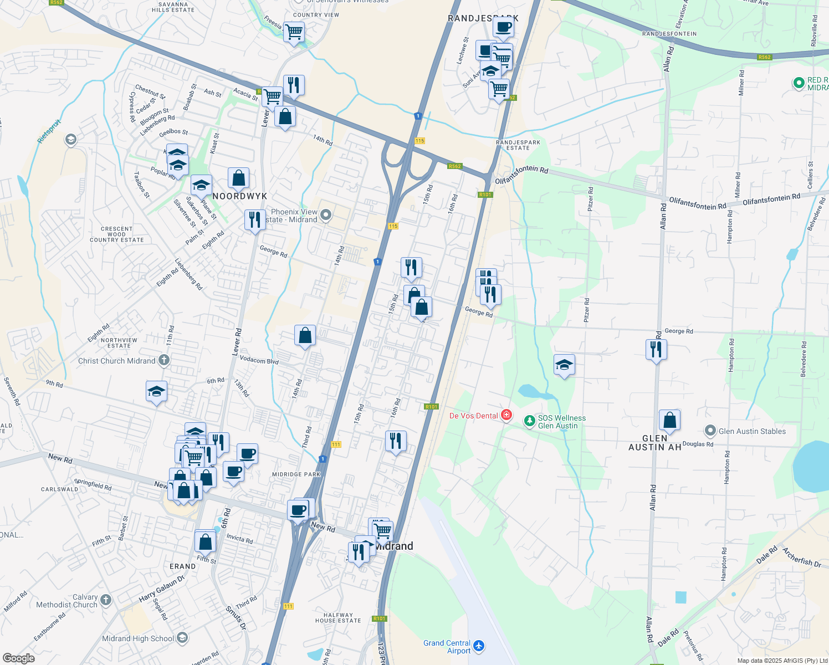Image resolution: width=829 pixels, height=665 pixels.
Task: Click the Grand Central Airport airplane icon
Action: [479, 646]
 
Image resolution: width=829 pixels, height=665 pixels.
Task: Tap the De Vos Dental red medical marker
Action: [506, 415]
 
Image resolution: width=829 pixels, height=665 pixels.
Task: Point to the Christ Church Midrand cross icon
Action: [163, 360]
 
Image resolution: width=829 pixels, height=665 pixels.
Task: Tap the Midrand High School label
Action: [138, 638]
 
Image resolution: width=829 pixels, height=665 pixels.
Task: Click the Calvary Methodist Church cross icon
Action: [106, 600]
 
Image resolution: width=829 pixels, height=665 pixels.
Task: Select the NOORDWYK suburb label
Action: [240, 196]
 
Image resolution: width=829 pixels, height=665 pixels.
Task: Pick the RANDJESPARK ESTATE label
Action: [518, 145]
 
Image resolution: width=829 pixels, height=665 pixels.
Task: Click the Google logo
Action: [18, 658]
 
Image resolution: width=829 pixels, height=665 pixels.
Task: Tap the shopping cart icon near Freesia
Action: [294, 32]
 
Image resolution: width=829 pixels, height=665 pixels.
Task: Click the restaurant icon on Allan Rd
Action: [656, 350]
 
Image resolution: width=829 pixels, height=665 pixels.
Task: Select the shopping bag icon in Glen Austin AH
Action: [669, 421]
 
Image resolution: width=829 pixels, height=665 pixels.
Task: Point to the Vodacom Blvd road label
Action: [259, 360]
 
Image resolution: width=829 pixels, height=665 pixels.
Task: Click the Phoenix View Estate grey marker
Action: [326, 214]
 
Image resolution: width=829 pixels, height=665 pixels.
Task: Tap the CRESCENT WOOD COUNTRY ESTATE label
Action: [117, 234]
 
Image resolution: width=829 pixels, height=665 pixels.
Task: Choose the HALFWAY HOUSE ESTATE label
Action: [338, 618]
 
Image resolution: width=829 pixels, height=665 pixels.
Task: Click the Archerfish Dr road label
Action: [801, 557]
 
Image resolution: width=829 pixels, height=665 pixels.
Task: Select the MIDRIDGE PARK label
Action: [296, 474]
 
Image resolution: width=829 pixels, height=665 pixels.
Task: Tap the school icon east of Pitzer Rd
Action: [564, 365]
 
